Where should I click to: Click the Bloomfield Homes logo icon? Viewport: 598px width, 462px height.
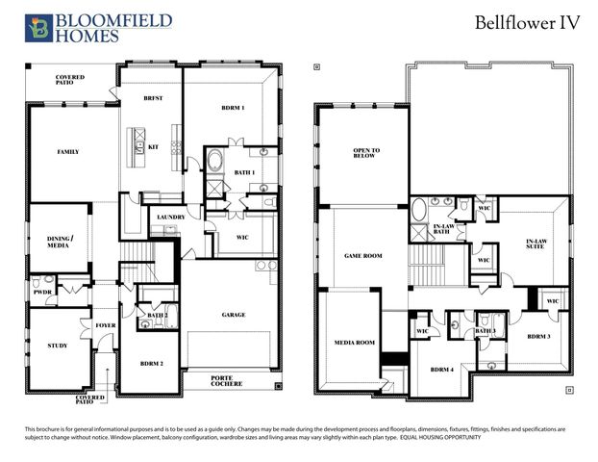tap(38, 28)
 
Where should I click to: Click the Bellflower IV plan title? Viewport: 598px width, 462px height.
tap(527, 24)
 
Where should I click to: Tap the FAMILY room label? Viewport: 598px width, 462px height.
tap(67, 152)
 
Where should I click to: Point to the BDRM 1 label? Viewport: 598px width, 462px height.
tap(232, 108)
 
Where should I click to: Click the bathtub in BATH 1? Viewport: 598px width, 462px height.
tap(214, 161)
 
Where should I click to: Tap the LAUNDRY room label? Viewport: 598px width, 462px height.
tap(170, 218)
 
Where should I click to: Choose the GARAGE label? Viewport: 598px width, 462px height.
tap(233, 315)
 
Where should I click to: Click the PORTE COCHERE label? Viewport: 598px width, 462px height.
tap(229, 380)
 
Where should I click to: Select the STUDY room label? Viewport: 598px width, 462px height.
tap(57, 345)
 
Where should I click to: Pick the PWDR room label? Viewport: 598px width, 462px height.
tap(41, 291)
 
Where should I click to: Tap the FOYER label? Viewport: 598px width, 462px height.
tap(105, 326)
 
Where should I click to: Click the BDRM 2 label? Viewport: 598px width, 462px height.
tap(151, 363)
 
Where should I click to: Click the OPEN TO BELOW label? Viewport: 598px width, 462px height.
tap(366, 155)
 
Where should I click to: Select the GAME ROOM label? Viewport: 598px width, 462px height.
tap(363, 256)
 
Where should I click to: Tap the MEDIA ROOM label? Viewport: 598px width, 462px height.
tap(354, 343)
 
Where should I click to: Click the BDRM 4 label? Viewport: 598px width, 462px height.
tap(441, 370)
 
